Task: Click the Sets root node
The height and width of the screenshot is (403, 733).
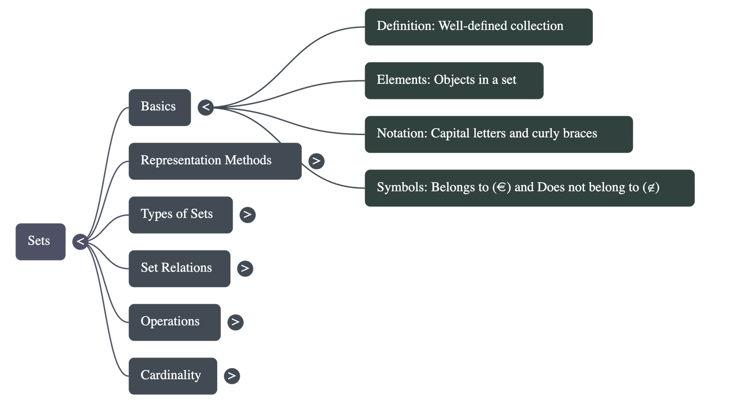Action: pyautogui.click(x=40, y=241)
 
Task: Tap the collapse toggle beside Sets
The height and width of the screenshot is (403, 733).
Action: pyautogui.click(x=80, y=241)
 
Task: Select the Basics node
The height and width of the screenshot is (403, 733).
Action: pyautogui.click(x=159, y=107)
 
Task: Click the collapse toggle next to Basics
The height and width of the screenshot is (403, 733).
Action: pyautogui.click(x=206, y=107)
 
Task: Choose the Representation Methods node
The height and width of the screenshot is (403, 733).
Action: pyautogui.click(x=215, y=161)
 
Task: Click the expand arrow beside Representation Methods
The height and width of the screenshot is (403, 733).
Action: pyautogui.click(x=316, y=161)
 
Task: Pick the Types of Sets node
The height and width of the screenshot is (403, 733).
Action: pyautogui.click(x=181, y=215)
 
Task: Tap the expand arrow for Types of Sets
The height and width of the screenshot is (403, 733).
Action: pyautogui.click(x=247, y=214)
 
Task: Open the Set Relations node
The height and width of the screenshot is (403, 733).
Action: pyautogui.click(x=179, y=268)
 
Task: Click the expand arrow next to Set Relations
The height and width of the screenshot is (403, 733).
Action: pyautogui.click(x=245, y=268)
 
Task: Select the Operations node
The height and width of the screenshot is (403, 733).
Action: pyautogui.click(x=174, y=322)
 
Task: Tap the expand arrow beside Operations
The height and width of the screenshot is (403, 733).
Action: pyautogui.click(x=235, y=322)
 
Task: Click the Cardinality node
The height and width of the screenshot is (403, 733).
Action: pyautogui.click(x=173, y=376)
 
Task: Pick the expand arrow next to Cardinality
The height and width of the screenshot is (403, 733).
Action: pyautogui.click(x=232, y=376)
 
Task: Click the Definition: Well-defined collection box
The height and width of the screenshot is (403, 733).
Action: pyautogui.click(x=478, y=27)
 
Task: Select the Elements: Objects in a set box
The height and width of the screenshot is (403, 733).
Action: pyautogui.click(x=454, y=81)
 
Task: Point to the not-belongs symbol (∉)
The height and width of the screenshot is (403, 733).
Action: pyautogui.click(x=651, y=187)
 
